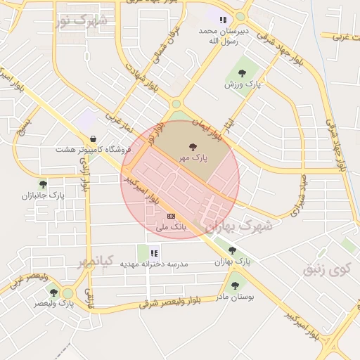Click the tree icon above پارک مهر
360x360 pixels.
click(191, 147)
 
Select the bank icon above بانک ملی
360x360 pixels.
click(171, 216)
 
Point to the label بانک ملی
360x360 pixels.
click(171, 227)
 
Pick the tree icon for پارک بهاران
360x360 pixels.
click(232, 250)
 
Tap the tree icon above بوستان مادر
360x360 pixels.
click(235, 285)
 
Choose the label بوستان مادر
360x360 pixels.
click(235, 297)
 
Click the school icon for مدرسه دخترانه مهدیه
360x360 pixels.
click(154, 252)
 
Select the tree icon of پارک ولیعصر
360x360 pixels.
click(53, 292)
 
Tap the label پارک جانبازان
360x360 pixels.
click(43, 196)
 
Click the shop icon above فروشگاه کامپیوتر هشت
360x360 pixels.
click(93, 139)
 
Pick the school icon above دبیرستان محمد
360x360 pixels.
click(223, 20)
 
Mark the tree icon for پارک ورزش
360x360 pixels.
click(242, 72)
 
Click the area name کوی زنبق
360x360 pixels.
click(326, 269)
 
